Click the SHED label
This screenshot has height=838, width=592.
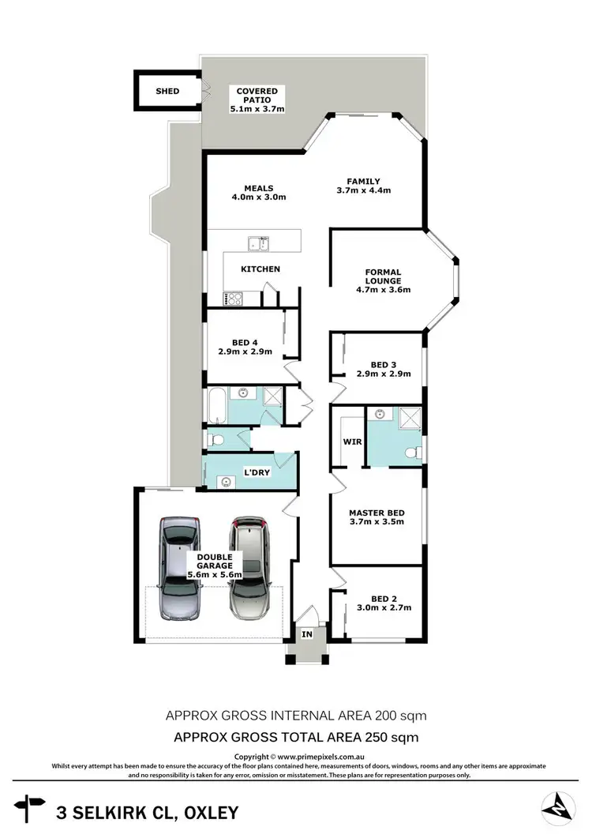pos(167,92)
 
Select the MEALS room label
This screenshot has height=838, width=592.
pos(258,188)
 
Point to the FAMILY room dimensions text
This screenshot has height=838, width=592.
pos(364,190)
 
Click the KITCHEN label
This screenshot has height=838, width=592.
pos(260,269)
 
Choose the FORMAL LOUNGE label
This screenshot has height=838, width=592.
pos(383,276)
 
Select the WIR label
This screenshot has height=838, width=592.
pos(352,442)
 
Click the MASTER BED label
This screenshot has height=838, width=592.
pos(377,512)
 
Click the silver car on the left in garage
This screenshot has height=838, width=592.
pos(179,567)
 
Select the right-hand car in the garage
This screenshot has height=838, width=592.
pos(250,567)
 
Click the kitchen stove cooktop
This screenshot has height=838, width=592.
pos(234,299)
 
